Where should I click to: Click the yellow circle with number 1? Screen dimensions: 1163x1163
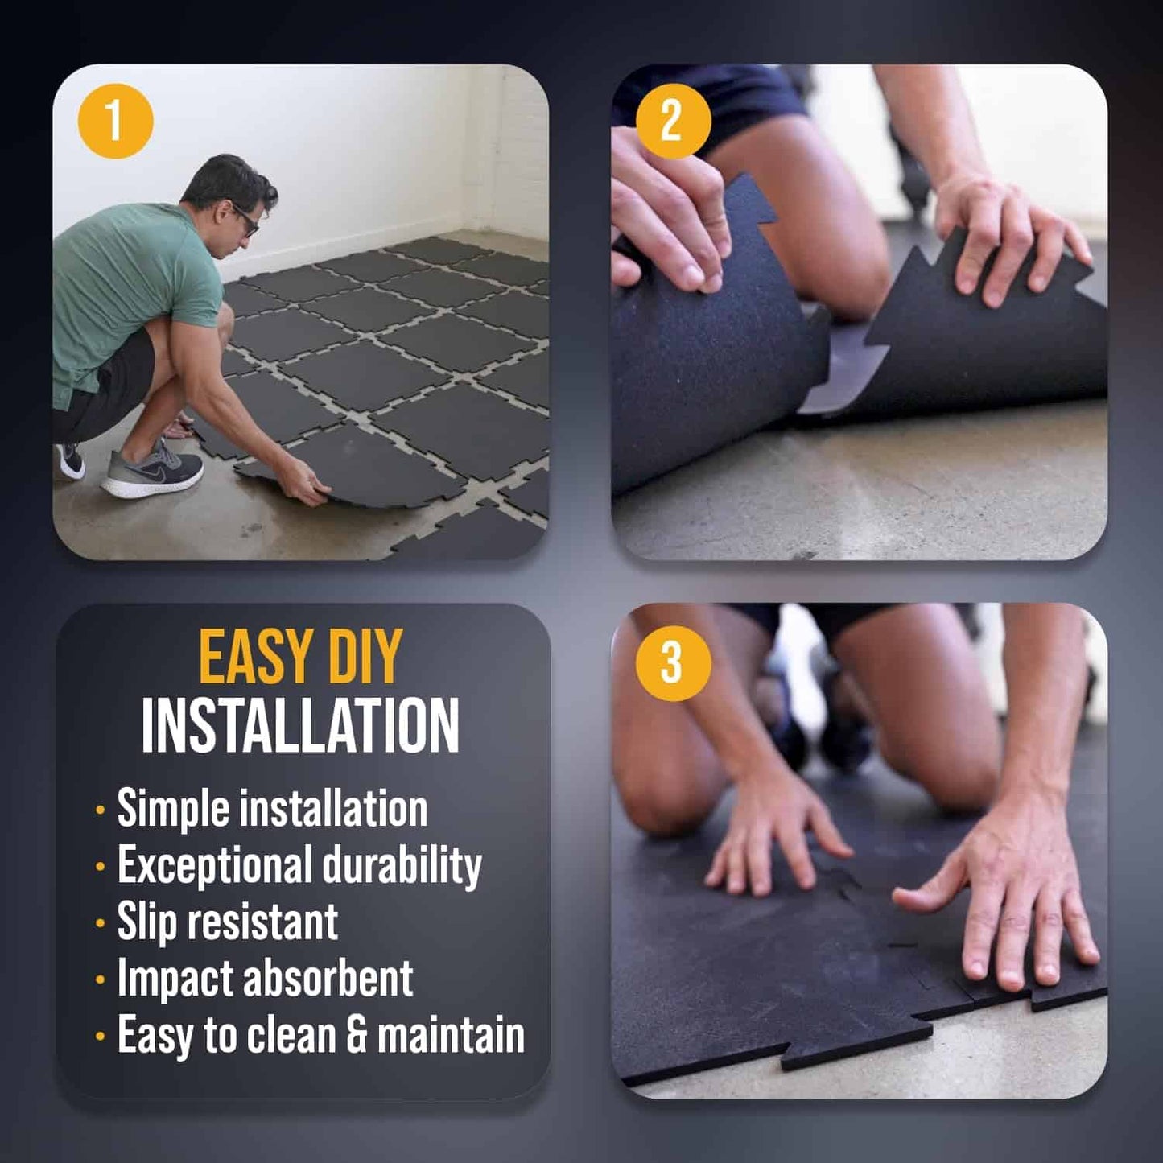pos(115,121)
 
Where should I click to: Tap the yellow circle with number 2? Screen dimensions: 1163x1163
pos(673,121)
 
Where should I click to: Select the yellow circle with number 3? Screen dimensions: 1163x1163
pos(673,663)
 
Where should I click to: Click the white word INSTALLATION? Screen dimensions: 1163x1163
pos(300,726)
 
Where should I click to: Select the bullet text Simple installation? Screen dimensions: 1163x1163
pos(272,808)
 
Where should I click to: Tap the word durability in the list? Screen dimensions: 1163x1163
pos(402,865)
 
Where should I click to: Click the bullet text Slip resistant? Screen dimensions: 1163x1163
pos(228,922)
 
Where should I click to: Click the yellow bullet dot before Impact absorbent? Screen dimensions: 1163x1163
pos(100,980)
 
